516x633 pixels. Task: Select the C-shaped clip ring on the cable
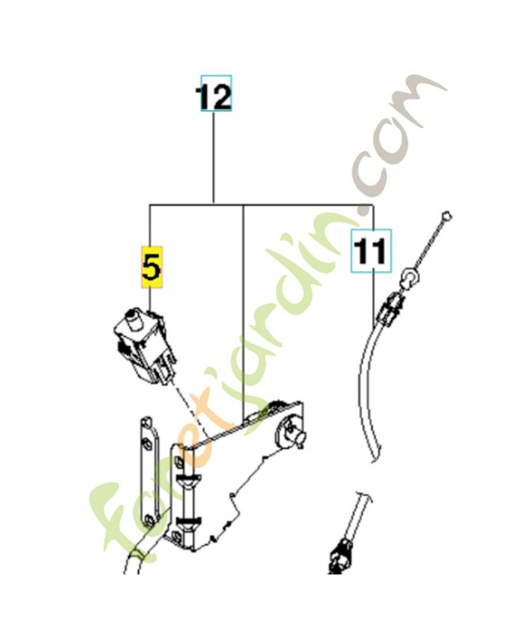point(409,277)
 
